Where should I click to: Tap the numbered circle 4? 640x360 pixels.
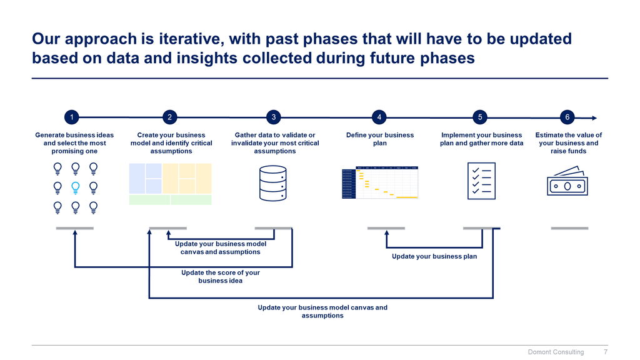click(x=379, y=117)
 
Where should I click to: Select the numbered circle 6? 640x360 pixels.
click(x=567, y=117)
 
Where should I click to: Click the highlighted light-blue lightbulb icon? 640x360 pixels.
click(x=75, y=186)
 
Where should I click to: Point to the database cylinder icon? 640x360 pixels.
click(x=275, y=183)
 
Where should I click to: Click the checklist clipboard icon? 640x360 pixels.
click(x=482, y=181)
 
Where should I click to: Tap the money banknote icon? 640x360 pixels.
click(x=567, y=181)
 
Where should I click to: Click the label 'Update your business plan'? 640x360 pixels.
click(x=434, y=256)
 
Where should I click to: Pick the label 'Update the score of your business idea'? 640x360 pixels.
click(x=220, y=277)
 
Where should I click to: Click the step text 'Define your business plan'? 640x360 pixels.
click(x=380, y=139)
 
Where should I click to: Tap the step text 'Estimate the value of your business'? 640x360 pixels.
click(x=568, y=139)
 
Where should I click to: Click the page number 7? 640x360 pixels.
click(x=605, y=352)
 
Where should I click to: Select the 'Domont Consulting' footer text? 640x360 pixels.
click(x=556, y=352)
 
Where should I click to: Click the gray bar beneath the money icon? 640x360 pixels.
click(x=569, y=228)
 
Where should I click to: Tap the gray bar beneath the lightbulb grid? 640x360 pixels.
click(x=74, y=228)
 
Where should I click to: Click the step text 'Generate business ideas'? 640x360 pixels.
click(x=74, y=135)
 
